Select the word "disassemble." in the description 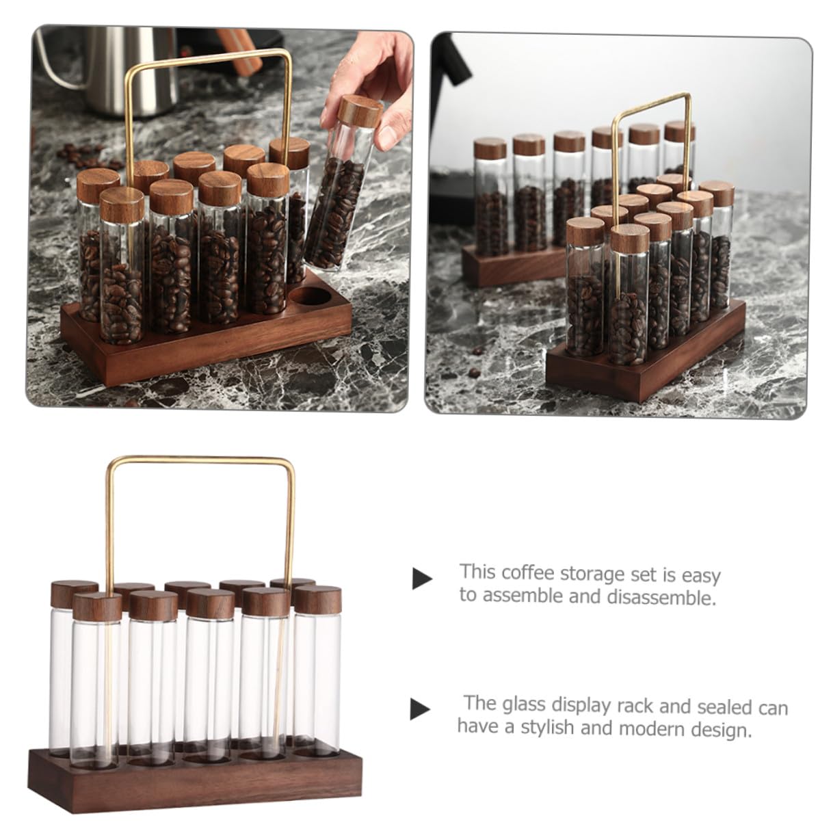click(661, 597)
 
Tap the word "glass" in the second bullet click(521, 704)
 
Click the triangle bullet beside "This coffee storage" click(422, 579)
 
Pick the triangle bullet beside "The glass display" click(420, 709)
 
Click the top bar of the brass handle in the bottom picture click(201, 460)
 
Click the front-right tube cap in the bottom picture click(318, 599)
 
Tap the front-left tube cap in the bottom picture click(97, 607)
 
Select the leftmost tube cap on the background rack click(490, 148)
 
